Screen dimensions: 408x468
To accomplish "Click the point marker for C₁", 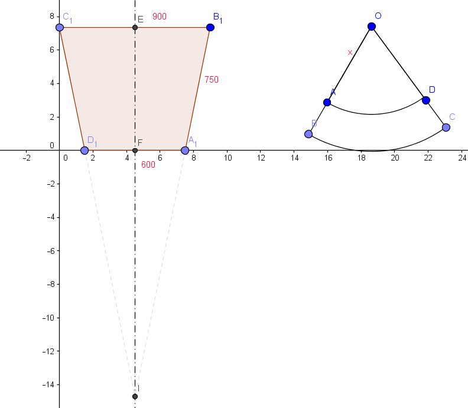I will click(x=60, y=27).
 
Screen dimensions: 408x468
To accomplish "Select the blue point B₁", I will click(x=210, y=27).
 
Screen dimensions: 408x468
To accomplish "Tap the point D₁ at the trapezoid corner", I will click(x=84, y=151).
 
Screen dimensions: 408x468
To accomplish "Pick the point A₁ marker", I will click(x=185, y=151).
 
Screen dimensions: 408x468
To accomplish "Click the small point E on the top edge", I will click(x=135, y=27).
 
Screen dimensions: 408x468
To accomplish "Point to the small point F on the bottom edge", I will click(x=135, y=151).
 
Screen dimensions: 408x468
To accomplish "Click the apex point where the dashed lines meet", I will click(x=135, y=396).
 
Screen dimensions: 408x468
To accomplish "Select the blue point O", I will click(x=372, y=27).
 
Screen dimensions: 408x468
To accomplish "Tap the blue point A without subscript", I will click(x=327, y=102).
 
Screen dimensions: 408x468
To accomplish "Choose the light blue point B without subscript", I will click(x=308, y=134).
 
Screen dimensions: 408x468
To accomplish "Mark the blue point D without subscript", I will click(x=426, y=100).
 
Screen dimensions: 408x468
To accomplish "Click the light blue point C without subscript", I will click(x=446, y=127).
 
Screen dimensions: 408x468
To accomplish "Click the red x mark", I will click(x=350, y=53).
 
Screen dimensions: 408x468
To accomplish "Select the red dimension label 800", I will click(x=160, y=17).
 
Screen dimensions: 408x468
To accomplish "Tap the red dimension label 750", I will click(x=212, y=80).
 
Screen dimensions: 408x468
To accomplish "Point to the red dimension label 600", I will click(x=148, y=165).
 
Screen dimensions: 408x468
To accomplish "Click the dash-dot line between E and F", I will click(x=135, y=89).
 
